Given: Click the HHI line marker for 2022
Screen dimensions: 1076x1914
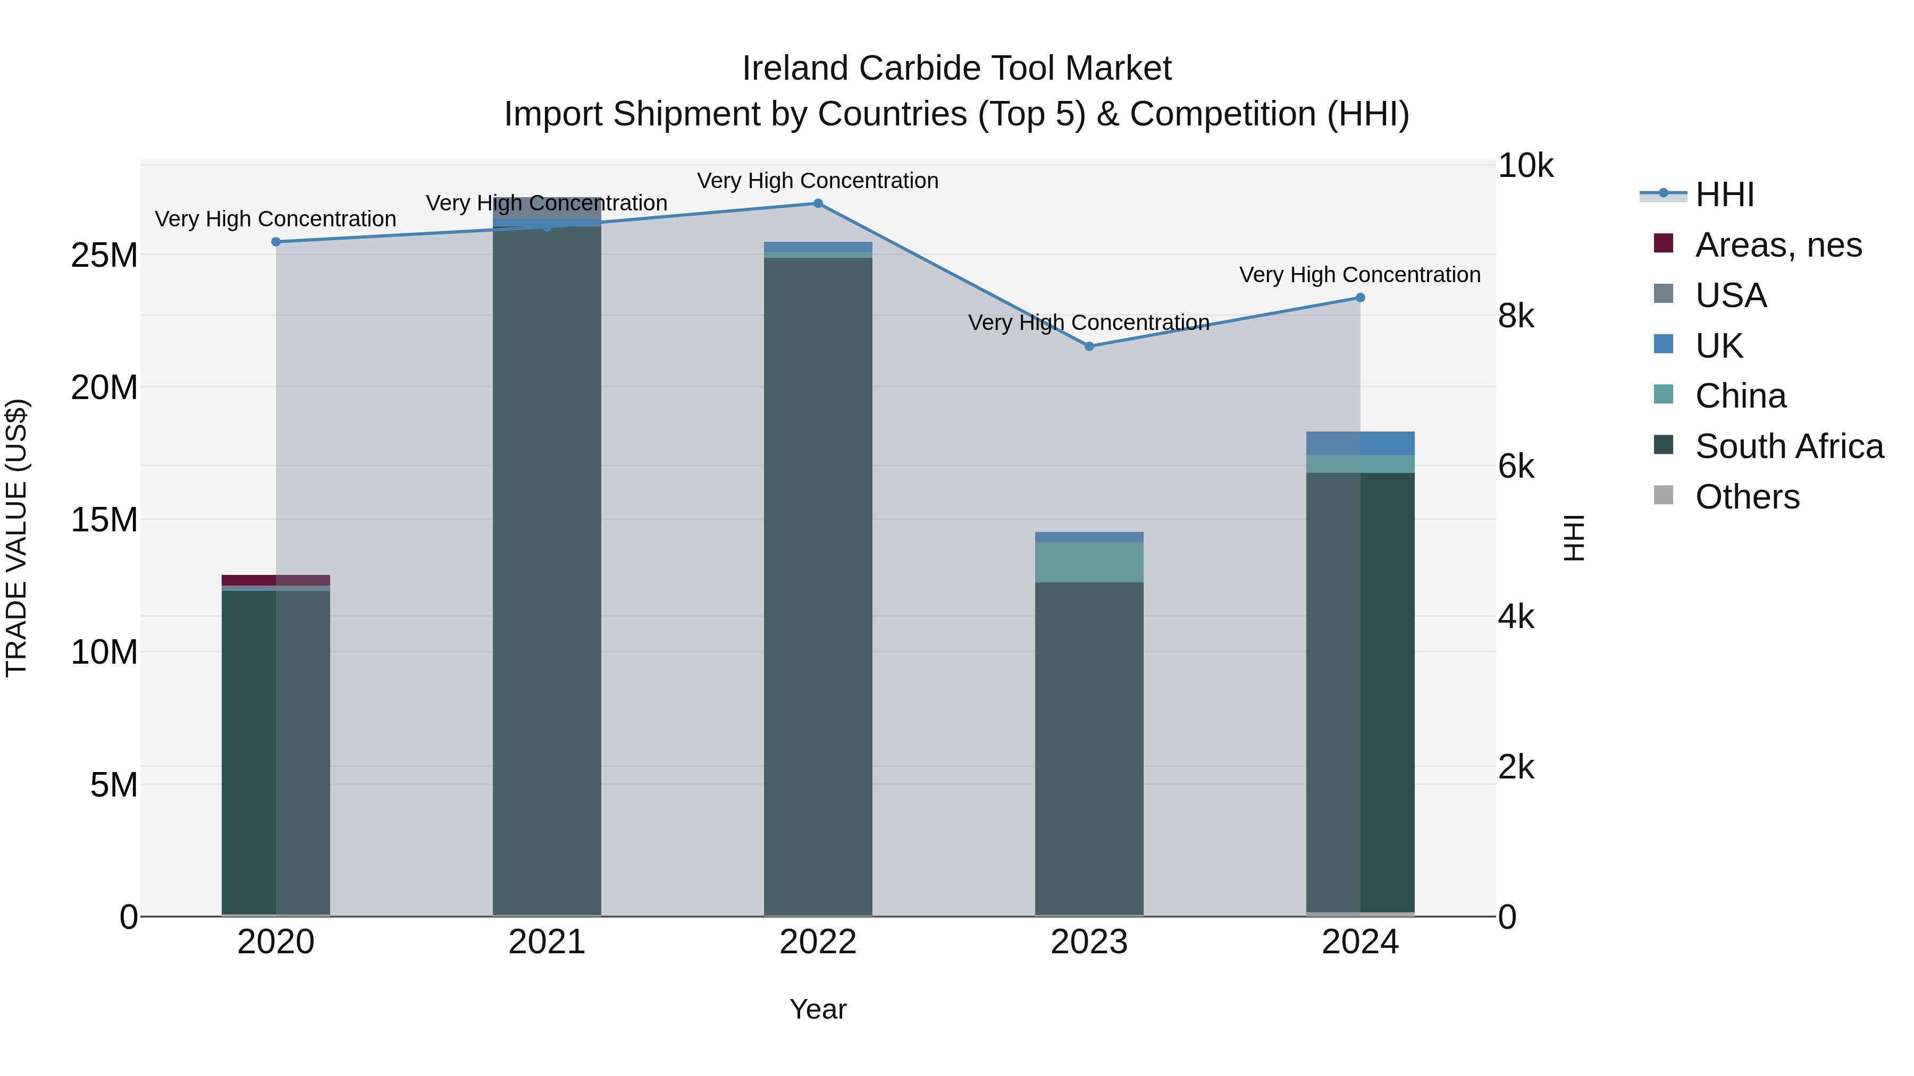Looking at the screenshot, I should pyautogui.click(x=818, y=204).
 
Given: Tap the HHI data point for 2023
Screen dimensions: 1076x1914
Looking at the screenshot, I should pyautogui.click(x=1089, y=346).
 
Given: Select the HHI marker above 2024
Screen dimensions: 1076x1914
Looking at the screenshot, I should pyautogui.click(x=1361, y=298).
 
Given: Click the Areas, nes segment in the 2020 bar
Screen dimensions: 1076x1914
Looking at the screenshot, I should pyautogui.click(x=275, y=580).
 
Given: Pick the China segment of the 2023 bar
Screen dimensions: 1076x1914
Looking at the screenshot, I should pyautogui.click(x=1089, y=562).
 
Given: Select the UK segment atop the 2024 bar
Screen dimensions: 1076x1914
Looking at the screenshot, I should pyautogui.click(x=1361, y=443).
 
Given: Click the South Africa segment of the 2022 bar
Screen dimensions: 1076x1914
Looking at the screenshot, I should pyautogui.click(x=818, y=587).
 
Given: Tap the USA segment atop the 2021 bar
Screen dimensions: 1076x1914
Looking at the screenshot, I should pyautogui.click(x=547, y=211).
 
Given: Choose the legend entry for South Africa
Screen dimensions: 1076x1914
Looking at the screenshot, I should pyautogui.click(x=1789, y=446).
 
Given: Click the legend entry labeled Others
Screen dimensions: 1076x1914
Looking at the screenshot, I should pyautogui.click(x=1747, y=497).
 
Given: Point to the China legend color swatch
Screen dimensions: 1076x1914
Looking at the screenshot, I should pyautogui.click(x=1664, y=394).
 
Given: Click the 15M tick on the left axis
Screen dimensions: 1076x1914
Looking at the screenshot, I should pyautogui.click(x=104, y=520).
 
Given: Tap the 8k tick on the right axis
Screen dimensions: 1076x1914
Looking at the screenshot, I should pyautogui.click(x=1516, y=316).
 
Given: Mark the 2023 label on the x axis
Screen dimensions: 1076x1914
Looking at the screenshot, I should pyautogui.click(x=1089, y=942).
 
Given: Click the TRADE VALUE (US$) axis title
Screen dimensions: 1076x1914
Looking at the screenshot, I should pyautogui.click(x=16, y=538).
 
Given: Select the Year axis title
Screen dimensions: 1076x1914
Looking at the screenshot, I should pyautogui.click(x=818, y=1009).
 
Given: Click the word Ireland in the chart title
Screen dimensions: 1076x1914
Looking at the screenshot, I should pyautogui.click(x=795, y=69).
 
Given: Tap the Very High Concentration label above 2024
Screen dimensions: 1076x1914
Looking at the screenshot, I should pyautogui.click(x=1359, y=275).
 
